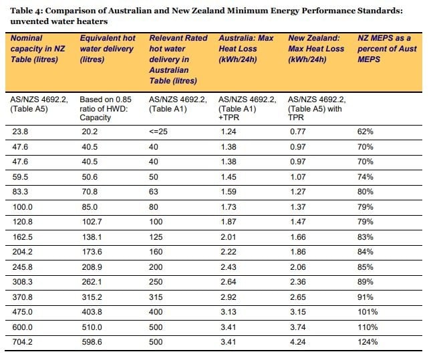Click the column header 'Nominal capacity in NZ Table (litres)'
tap(38, 49)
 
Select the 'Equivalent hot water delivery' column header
tap(108, 49)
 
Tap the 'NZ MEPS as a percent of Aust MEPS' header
tap(387, 49)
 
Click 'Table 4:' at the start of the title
tap(26, 11)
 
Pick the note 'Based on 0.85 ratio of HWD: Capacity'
tap(106, 108)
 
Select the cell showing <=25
tap(158, 132)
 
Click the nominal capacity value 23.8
tap(20, 132)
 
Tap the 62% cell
tap(365, 132)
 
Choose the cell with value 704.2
tap(22, 342)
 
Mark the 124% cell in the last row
tap(368, 342)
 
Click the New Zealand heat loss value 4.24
tap(298, 342)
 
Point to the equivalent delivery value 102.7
tap(92, 222)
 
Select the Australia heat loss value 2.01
tap(228, 237)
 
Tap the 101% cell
tap(368, 312)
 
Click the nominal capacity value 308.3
tap(22, 282)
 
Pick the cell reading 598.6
tap(92, 342)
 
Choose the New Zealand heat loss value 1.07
tap(298, 177)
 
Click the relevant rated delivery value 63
tap(154, 192)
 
